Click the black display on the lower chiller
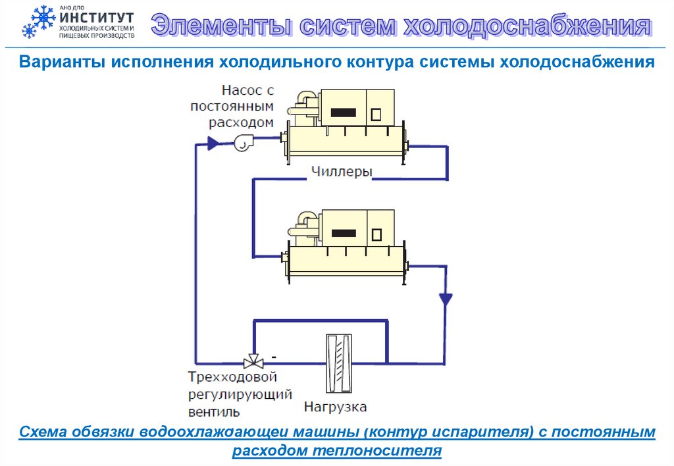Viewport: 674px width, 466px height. [x=346, y=233]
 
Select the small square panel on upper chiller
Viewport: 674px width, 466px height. [x=376, y=114]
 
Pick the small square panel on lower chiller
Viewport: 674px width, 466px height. [x=376, y=234]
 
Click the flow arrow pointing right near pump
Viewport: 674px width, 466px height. [x=213, y=142]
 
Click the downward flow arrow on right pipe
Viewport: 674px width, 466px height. [x=445, y=299]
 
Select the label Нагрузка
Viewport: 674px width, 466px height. [x=336, y=407]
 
